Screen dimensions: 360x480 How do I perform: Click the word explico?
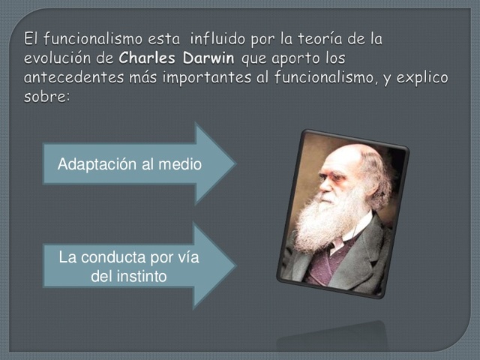(423, 78)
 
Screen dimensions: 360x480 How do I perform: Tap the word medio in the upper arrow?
(182, 163)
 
